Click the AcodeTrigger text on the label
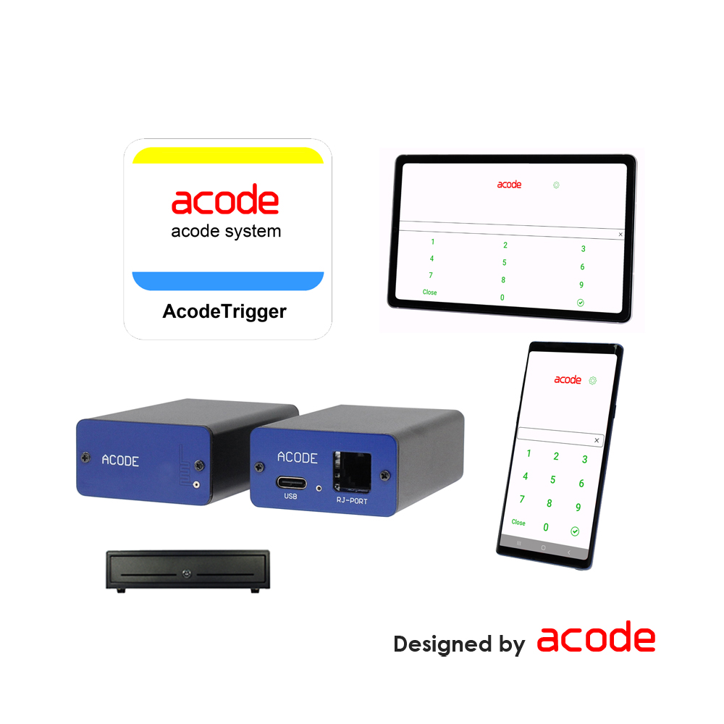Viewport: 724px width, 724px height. coord(224,311)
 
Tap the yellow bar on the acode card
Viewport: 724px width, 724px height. coord(228,156)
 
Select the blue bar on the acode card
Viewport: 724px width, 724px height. coord(228,281)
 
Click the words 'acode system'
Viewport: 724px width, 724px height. coord(226,231)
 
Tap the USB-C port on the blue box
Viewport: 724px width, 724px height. coord(291,484)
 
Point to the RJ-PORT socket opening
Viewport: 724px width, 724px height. coord(352,471)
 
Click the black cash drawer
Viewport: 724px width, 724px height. coord(188,571)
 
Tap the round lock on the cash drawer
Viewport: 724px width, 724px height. coord(187,573)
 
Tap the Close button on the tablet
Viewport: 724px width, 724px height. coord(429,292)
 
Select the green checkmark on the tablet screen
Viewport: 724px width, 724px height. coord(581,303)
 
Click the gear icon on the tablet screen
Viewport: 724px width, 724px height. coord(556,185)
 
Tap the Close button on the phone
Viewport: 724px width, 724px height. coord(518,522)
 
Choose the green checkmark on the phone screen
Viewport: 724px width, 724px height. coord(575,531)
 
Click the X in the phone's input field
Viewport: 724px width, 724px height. coord(597,440)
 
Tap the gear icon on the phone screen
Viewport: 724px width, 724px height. coord(593,381)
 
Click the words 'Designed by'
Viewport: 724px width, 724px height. coord(460,644)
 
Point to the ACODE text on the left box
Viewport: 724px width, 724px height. coord(120,460)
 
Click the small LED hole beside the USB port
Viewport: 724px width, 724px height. coord(319,488)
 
